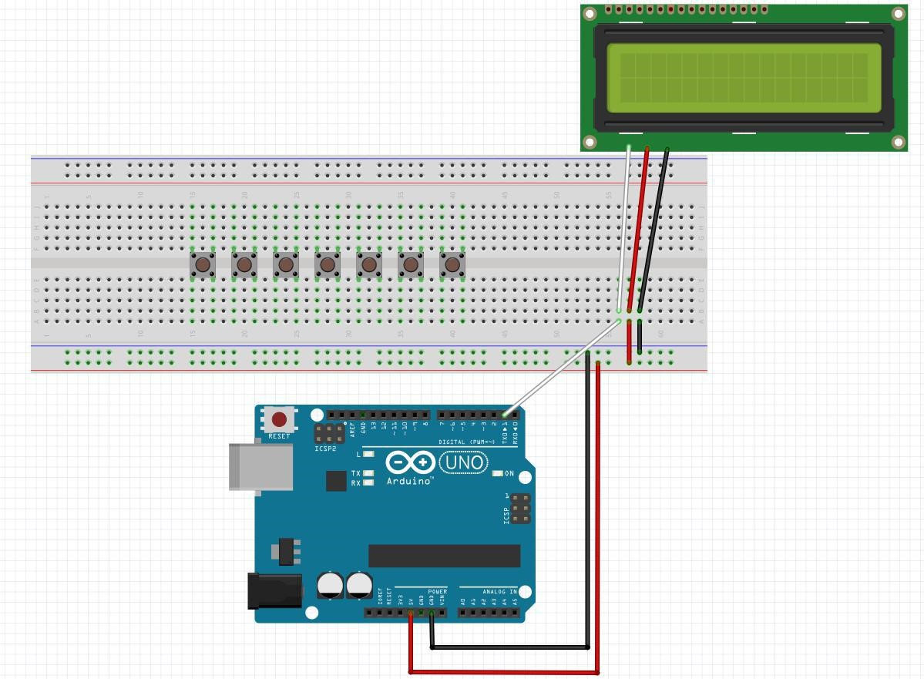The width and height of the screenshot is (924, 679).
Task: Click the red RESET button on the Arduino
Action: coord(279,419)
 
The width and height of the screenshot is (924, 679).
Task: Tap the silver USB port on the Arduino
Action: coord(261,467)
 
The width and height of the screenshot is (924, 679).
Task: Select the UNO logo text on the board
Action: coord(464,462)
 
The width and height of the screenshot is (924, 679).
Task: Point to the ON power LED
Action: coord(498,473)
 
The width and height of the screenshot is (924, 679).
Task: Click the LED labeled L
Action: coord(368,454)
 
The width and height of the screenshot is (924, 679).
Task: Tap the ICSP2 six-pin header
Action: coord(329,433)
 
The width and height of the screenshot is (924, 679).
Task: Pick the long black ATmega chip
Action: coord(444,556)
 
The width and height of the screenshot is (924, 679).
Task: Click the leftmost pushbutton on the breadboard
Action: coord(203,265)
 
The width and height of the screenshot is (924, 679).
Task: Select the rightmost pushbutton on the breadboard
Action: coord(452,265)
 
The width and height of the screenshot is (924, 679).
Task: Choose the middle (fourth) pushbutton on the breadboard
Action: coord(328,265)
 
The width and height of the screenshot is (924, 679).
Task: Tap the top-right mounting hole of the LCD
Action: coord(898,14)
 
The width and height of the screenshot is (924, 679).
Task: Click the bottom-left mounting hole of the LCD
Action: coord(590,142)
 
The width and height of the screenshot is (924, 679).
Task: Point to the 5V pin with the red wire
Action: coord(411,613)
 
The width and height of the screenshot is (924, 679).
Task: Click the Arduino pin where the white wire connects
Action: coord(506,415)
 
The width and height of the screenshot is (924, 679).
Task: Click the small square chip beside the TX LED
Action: coord(336,481)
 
